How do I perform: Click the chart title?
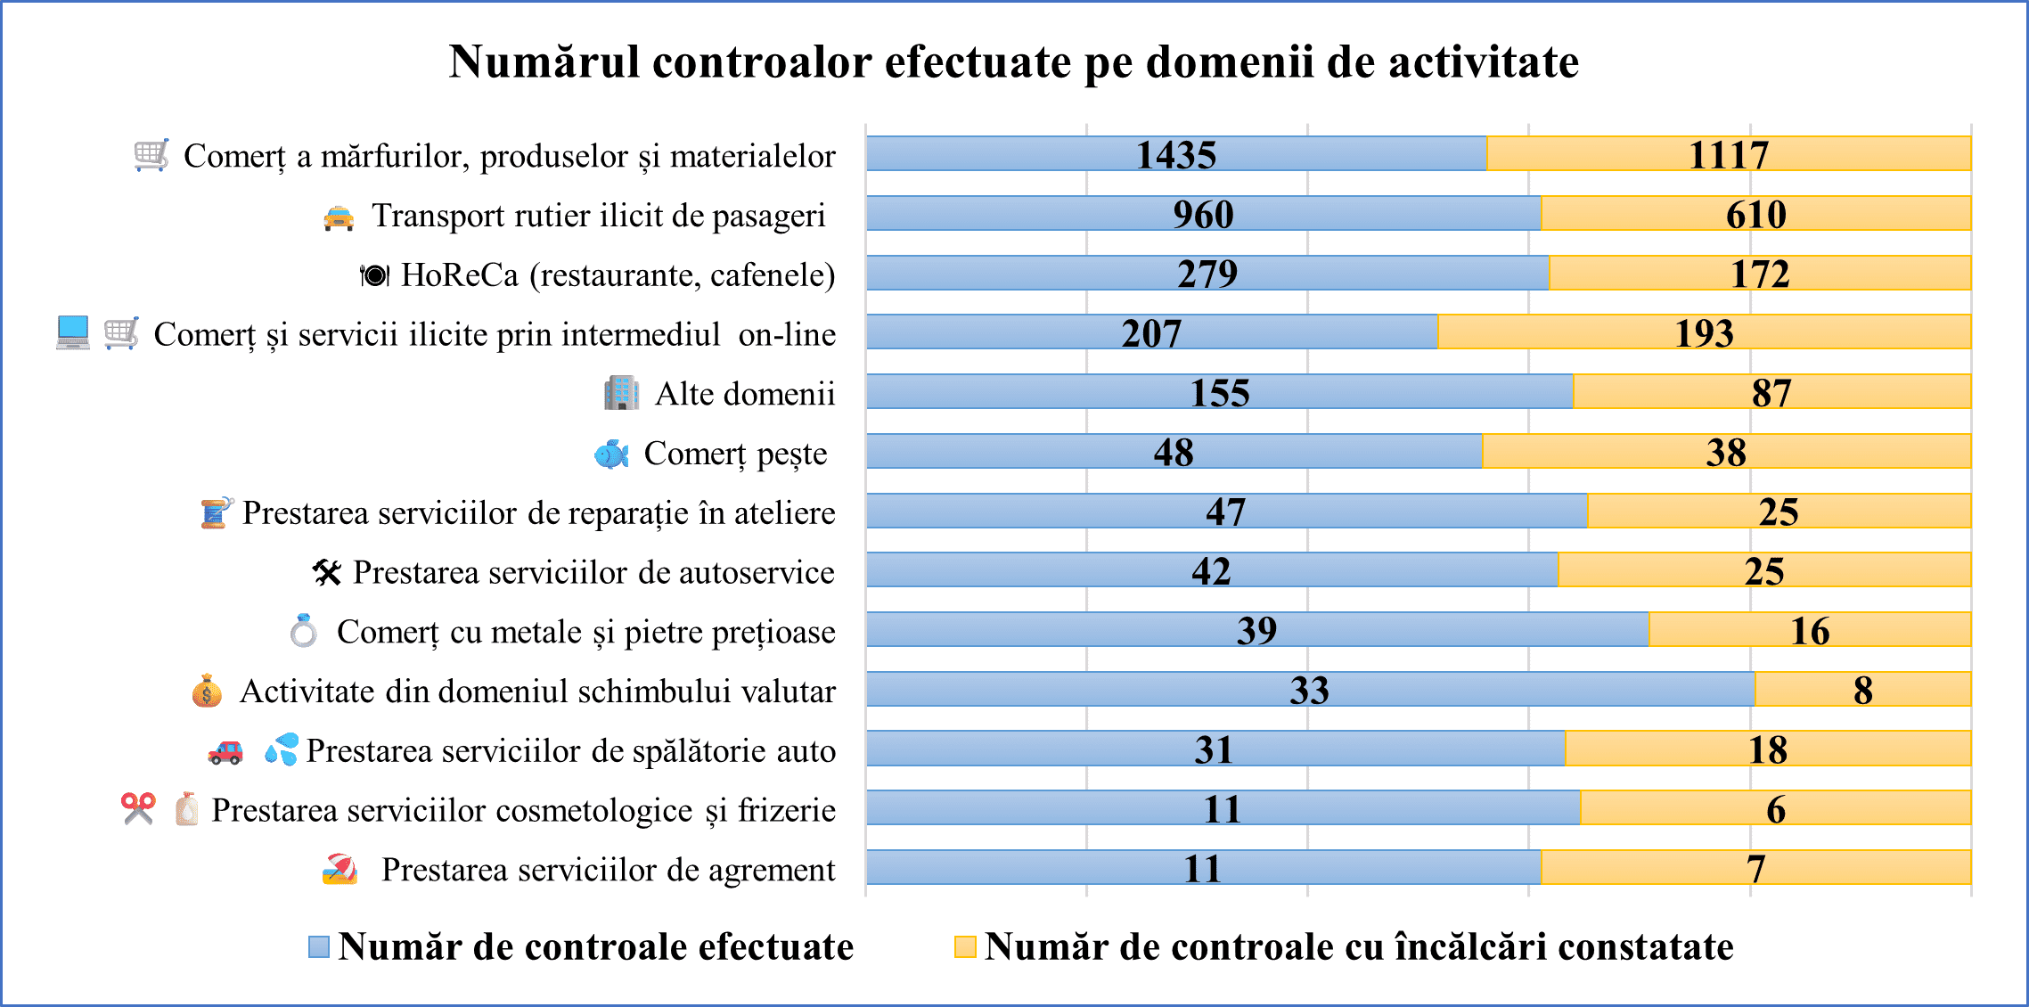point(1013,62)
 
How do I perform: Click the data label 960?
point(1203,214)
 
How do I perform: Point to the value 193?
point(1704,333)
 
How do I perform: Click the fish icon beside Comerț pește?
point(611,454)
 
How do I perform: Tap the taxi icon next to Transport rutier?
point(339,217)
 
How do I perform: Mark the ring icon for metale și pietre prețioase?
point(304,631)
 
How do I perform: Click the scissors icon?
point(138,808)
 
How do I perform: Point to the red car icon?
point(225,752)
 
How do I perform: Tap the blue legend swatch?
point(319,946)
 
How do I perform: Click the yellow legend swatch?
point(965,946)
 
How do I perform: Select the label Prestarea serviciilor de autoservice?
point(593,572)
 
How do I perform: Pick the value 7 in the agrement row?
point(1755,869)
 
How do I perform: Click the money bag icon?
point(207,691)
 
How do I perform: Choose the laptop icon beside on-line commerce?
point(73,332)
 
